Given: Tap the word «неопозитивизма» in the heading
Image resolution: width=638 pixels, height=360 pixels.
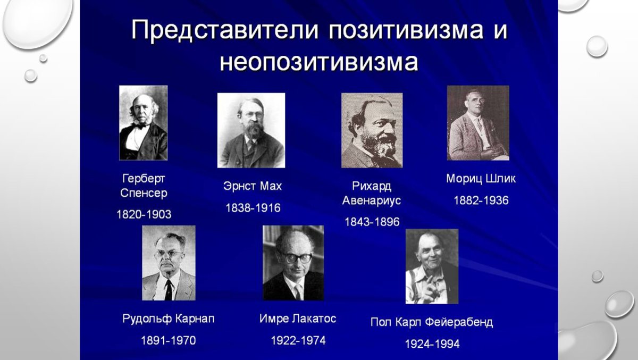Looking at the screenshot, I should click(x=319, y=63).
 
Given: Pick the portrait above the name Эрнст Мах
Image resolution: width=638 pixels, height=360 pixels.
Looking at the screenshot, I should click(x=251, y=130).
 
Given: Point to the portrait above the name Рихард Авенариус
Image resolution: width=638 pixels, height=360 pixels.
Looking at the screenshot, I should click(x=372, y=130).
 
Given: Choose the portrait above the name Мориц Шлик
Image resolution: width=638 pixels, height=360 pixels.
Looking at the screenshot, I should click(x=478, y=123).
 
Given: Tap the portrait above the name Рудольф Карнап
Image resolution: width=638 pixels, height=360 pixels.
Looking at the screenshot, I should click(x=169, y=263).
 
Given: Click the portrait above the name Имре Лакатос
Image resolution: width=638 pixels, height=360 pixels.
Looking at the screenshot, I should click(x=293, y=263).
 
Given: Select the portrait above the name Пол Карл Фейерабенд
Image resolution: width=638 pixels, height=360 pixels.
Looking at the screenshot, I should click(x=432, y=266).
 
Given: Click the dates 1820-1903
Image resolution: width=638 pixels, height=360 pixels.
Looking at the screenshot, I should click(x=144, y=214).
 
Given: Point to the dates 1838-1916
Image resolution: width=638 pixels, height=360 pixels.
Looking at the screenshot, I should click(x=253, y=207).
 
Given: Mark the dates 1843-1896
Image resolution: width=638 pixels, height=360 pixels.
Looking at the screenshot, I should click(x=372, y=221).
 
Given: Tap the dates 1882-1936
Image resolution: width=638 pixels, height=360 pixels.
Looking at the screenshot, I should click(x=481, y=200).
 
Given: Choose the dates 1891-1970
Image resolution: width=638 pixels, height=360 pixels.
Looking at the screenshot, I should click(x=168, y=340).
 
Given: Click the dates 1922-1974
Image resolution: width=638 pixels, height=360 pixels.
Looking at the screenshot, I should click(x=298, y=340).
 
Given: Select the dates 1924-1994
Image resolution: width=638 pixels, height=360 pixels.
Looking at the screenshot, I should click(x=432, y=344).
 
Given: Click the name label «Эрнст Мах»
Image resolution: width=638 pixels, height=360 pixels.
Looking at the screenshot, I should click(x=253, y=187).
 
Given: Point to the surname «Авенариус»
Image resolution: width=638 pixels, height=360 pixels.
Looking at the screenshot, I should click(x=372, y=200).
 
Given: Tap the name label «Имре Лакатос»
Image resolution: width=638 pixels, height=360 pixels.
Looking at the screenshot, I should click(x=298, y=319).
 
